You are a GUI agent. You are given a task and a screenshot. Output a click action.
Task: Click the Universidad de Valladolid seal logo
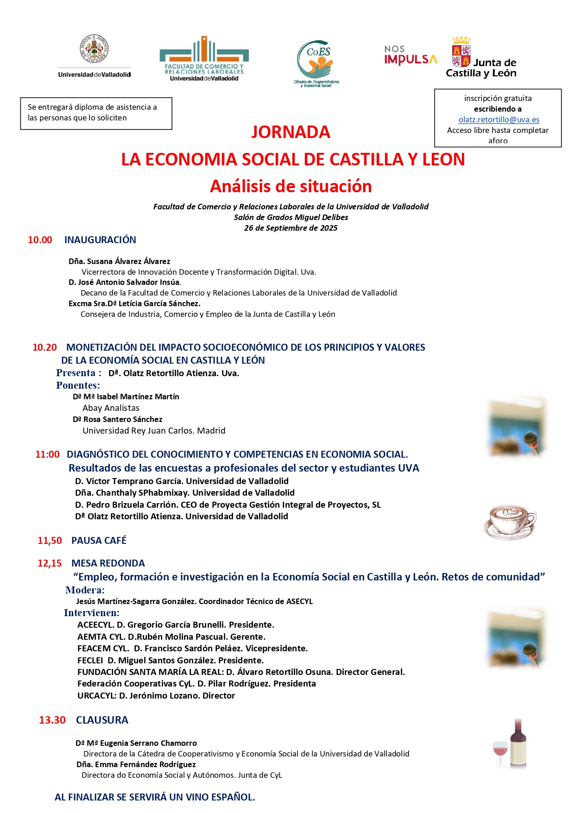click(x=95, y=49)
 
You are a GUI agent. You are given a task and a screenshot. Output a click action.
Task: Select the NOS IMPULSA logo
click(x=410, y=56)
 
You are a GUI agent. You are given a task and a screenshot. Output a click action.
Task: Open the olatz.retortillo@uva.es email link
click(x=499, y=120)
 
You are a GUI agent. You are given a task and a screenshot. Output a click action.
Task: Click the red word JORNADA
click(x=291, y=132)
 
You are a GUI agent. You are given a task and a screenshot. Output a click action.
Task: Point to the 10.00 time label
click(x=40, y=240)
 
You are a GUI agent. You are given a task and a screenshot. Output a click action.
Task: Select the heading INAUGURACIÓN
click(x=100, y=240)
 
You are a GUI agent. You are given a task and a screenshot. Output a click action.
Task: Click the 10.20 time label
click(x=44, y=347)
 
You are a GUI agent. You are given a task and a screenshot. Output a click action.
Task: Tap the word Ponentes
click(x=78, y=385)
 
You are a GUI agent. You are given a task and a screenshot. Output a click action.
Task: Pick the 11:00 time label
click(x=47, y=454)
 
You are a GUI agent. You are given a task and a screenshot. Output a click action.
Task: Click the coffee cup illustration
click(x=510, y=523)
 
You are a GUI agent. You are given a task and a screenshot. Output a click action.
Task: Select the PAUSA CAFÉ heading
click(x=99, y=541)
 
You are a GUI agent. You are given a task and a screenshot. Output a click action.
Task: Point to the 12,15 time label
click(x=50, y=563)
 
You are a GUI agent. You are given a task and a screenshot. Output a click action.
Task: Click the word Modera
click(x=85, y=590)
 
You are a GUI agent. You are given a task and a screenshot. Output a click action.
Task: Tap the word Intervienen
click(x=91, y=613)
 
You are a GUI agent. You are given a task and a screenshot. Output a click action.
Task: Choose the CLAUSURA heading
click(x=102, y=720)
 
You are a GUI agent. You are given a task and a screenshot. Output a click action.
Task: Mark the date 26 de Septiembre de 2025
click(x=291, y=228)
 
